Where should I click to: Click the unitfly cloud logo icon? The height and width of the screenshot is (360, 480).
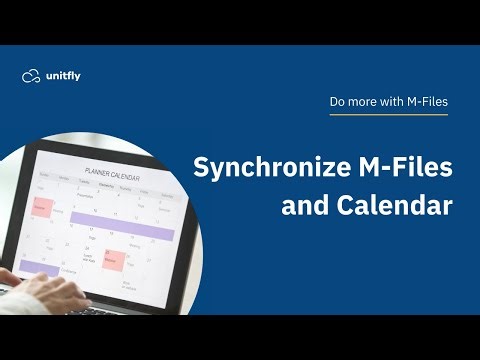(x=31, y=76)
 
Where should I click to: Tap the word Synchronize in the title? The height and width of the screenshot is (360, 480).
(x=263, y=167)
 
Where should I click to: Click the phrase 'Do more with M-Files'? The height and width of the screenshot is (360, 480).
(x=388, y=101)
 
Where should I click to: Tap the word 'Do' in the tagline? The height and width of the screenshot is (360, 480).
(x=338, y=101)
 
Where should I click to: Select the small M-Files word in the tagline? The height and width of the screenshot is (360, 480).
(x=426, y=101)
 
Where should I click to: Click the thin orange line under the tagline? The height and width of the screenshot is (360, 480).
(x=388, y=115)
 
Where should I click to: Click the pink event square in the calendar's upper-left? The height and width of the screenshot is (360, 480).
(x=44, y=207)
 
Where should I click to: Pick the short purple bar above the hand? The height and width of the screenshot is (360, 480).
(x=38, y=267)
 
